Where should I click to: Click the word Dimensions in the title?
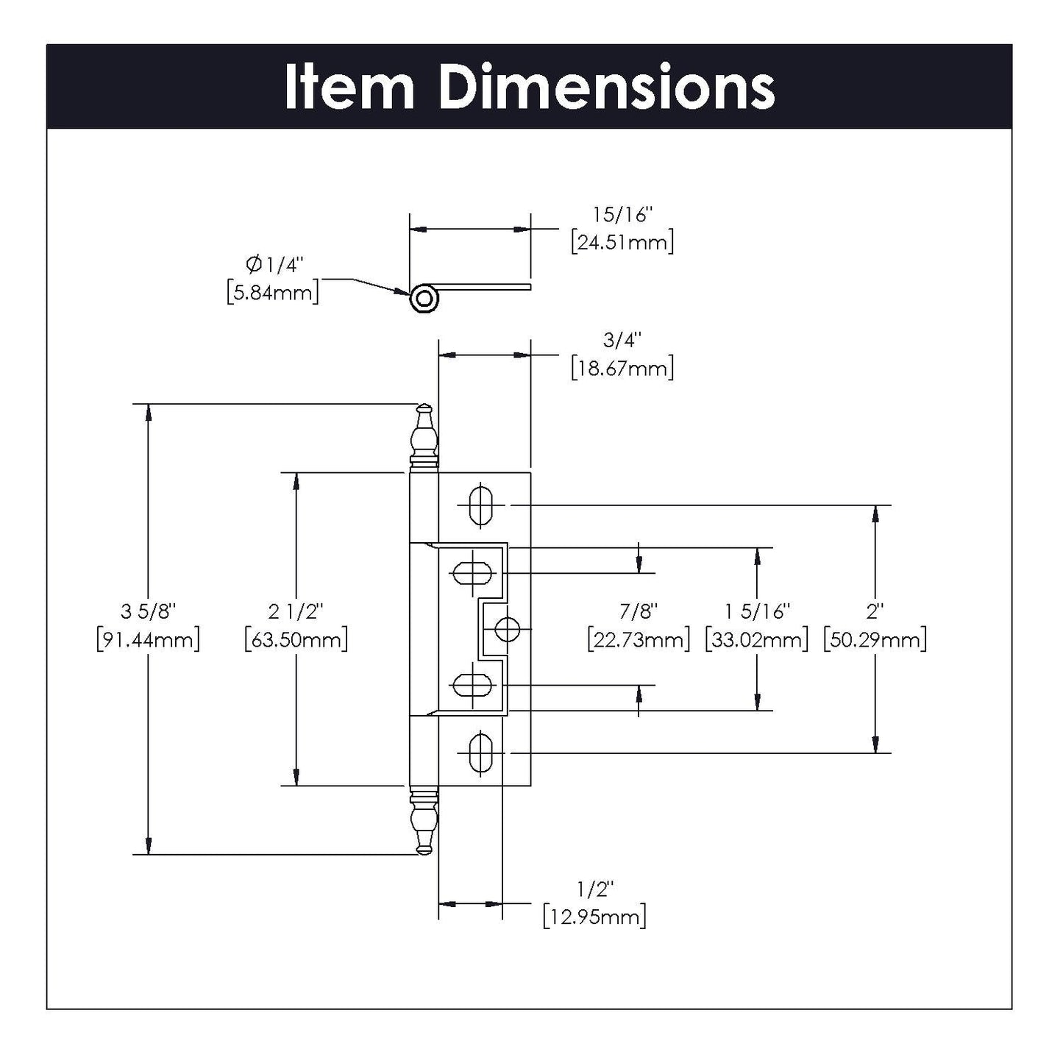(x=606, y=88)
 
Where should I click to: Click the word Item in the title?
(x=349, y=88)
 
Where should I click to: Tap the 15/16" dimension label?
(x=622, y=215)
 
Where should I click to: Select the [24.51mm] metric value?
(x=622, y=242)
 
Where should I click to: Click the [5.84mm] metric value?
(x=273, y=292)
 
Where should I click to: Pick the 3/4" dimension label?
(x=622, y=340)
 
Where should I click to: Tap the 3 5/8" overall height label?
(x=148, y=611)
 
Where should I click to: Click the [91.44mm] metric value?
(x=148, y=639)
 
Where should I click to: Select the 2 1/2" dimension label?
(x=296, y=611)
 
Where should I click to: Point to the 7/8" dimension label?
(x=639, y=611)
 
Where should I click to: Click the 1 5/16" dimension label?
(x=757, y=611)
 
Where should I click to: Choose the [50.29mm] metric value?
(x=875, y=639)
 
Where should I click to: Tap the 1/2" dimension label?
(x=595, y=889)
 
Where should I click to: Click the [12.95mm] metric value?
(x=595, y=917)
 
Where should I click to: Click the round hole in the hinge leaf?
(x=507, y=630)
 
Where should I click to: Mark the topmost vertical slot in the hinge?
(x=480, y=505)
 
